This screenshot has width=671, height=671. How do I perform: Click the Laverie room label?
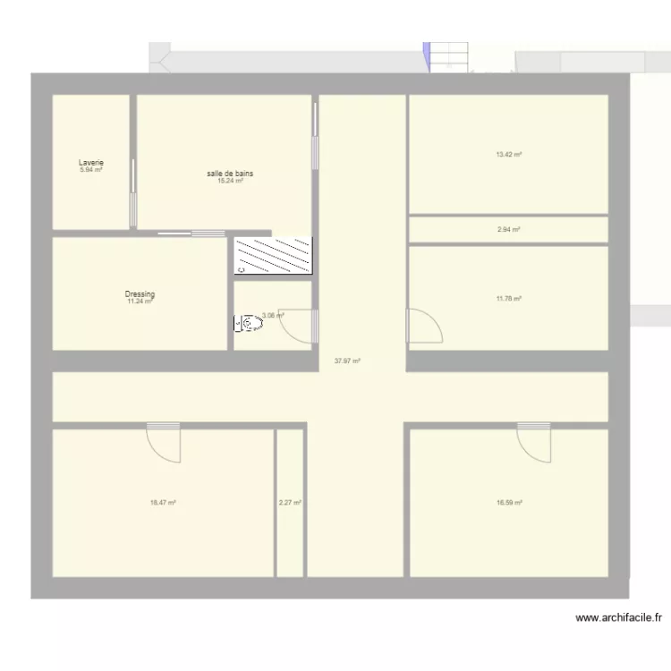tap(91, 163)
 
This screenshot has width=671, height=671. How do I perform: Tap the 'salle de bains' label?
tap(230, 173)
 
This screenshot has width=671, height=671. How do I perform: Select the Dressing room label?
tap(140, 294)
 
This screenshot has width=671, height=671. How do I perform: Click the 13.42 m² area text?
tap(508, 154)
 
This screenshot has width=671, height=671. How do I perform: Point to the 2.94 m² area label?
tap(508, 230)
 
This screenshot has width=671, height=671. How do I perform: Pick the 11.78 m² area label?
tap(508, 299)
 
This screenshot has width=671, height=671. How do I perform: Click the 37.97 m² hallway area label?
tap(347, 361)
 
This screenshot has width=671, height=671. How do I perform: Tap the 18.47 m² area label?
tap(163, 503)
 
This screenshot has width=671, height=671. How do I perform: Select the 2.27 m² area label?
tap(290, 503)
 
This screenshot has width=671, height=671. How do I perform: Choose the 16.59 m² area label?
tap(509, 503)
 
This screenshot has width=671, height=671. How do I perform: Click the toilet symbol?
tap(251, 323)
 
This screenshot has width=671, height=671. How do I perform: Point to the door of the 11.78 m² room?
tap(424, 326)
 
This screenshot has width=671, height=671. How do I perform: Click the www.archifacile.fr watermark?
tap(618, 617)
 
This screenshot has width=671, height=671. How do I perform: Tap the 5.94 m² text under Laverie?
tap(91, 170)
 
